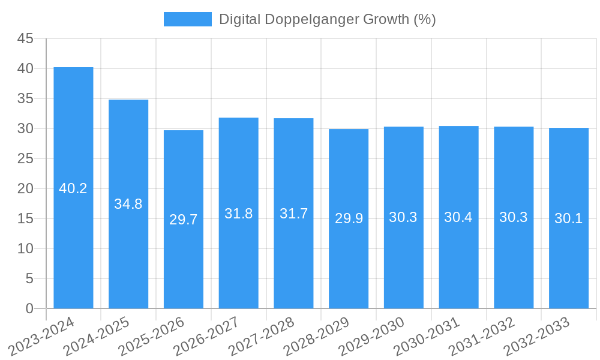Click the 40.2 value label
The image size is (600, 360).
(x=73, y=188)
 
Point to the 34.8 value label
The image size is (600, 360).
(x=128, y=204)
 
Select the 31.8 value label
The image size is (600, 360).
(x=239, y=213)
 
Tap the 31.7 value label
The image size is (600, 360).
(x=294, y=213)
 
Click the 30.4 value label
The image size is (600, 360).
(x=458, y=217)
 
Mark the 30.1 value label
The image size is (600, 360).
(x=569, y=218)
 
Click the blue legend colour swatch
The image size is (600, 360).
(x=188, y=19)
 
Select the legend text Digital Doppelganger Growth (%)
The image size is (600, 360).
(x=327, y=19)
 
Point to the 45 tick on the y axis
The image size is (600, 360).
(x=25, y=38)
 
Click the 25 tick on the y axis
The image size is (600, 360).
(x=25, y=158)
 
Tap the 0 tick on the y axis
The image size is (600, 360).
(x=29, y=308)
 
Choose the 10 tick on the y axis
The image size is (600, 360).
(x=25, y=248)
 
